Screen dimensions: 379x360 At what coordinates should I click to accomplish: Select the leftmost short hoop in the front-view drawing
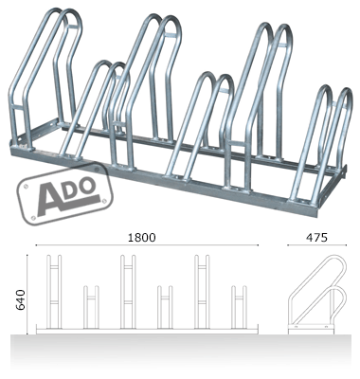[x=91, y=307]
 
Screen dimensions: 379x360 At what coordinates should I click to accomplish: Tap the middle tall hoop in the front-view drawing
[x=129, y=291]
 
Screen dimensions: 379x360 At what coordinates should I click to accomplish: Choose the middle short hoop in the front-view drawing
[x=165, y=307]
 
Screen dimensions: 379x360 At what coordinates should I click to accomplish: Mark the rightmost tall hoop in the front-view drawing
[x=203, y=291]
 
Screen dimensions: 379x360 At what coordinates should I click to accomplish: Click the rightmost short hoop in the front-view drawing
[x=239, y=307]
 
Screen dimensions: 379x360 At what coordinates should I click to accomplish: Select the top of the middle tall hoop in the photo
[x=159, y=21]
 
